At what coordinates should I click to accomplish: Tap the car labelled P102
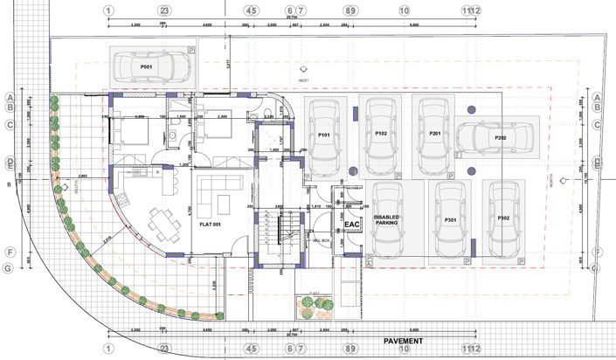click(381, 135)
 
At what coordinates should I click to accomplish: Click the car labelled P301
click(451, 219)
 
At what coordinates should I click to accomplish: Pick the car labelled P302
click(503, 218)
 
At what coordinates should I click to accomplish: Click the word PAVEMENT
click(403, 340)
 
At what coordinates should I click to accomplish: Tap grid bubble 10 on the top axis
click(404, 11)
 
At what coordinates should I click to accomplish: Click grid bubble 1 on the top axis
click(108, 11)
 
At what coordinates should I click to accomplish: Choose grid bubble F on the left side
click(10, 253)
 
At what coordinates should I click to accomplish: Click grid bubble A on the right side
click(598, 97)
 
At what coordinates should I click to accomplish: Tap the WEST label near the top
click(303, 80)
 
